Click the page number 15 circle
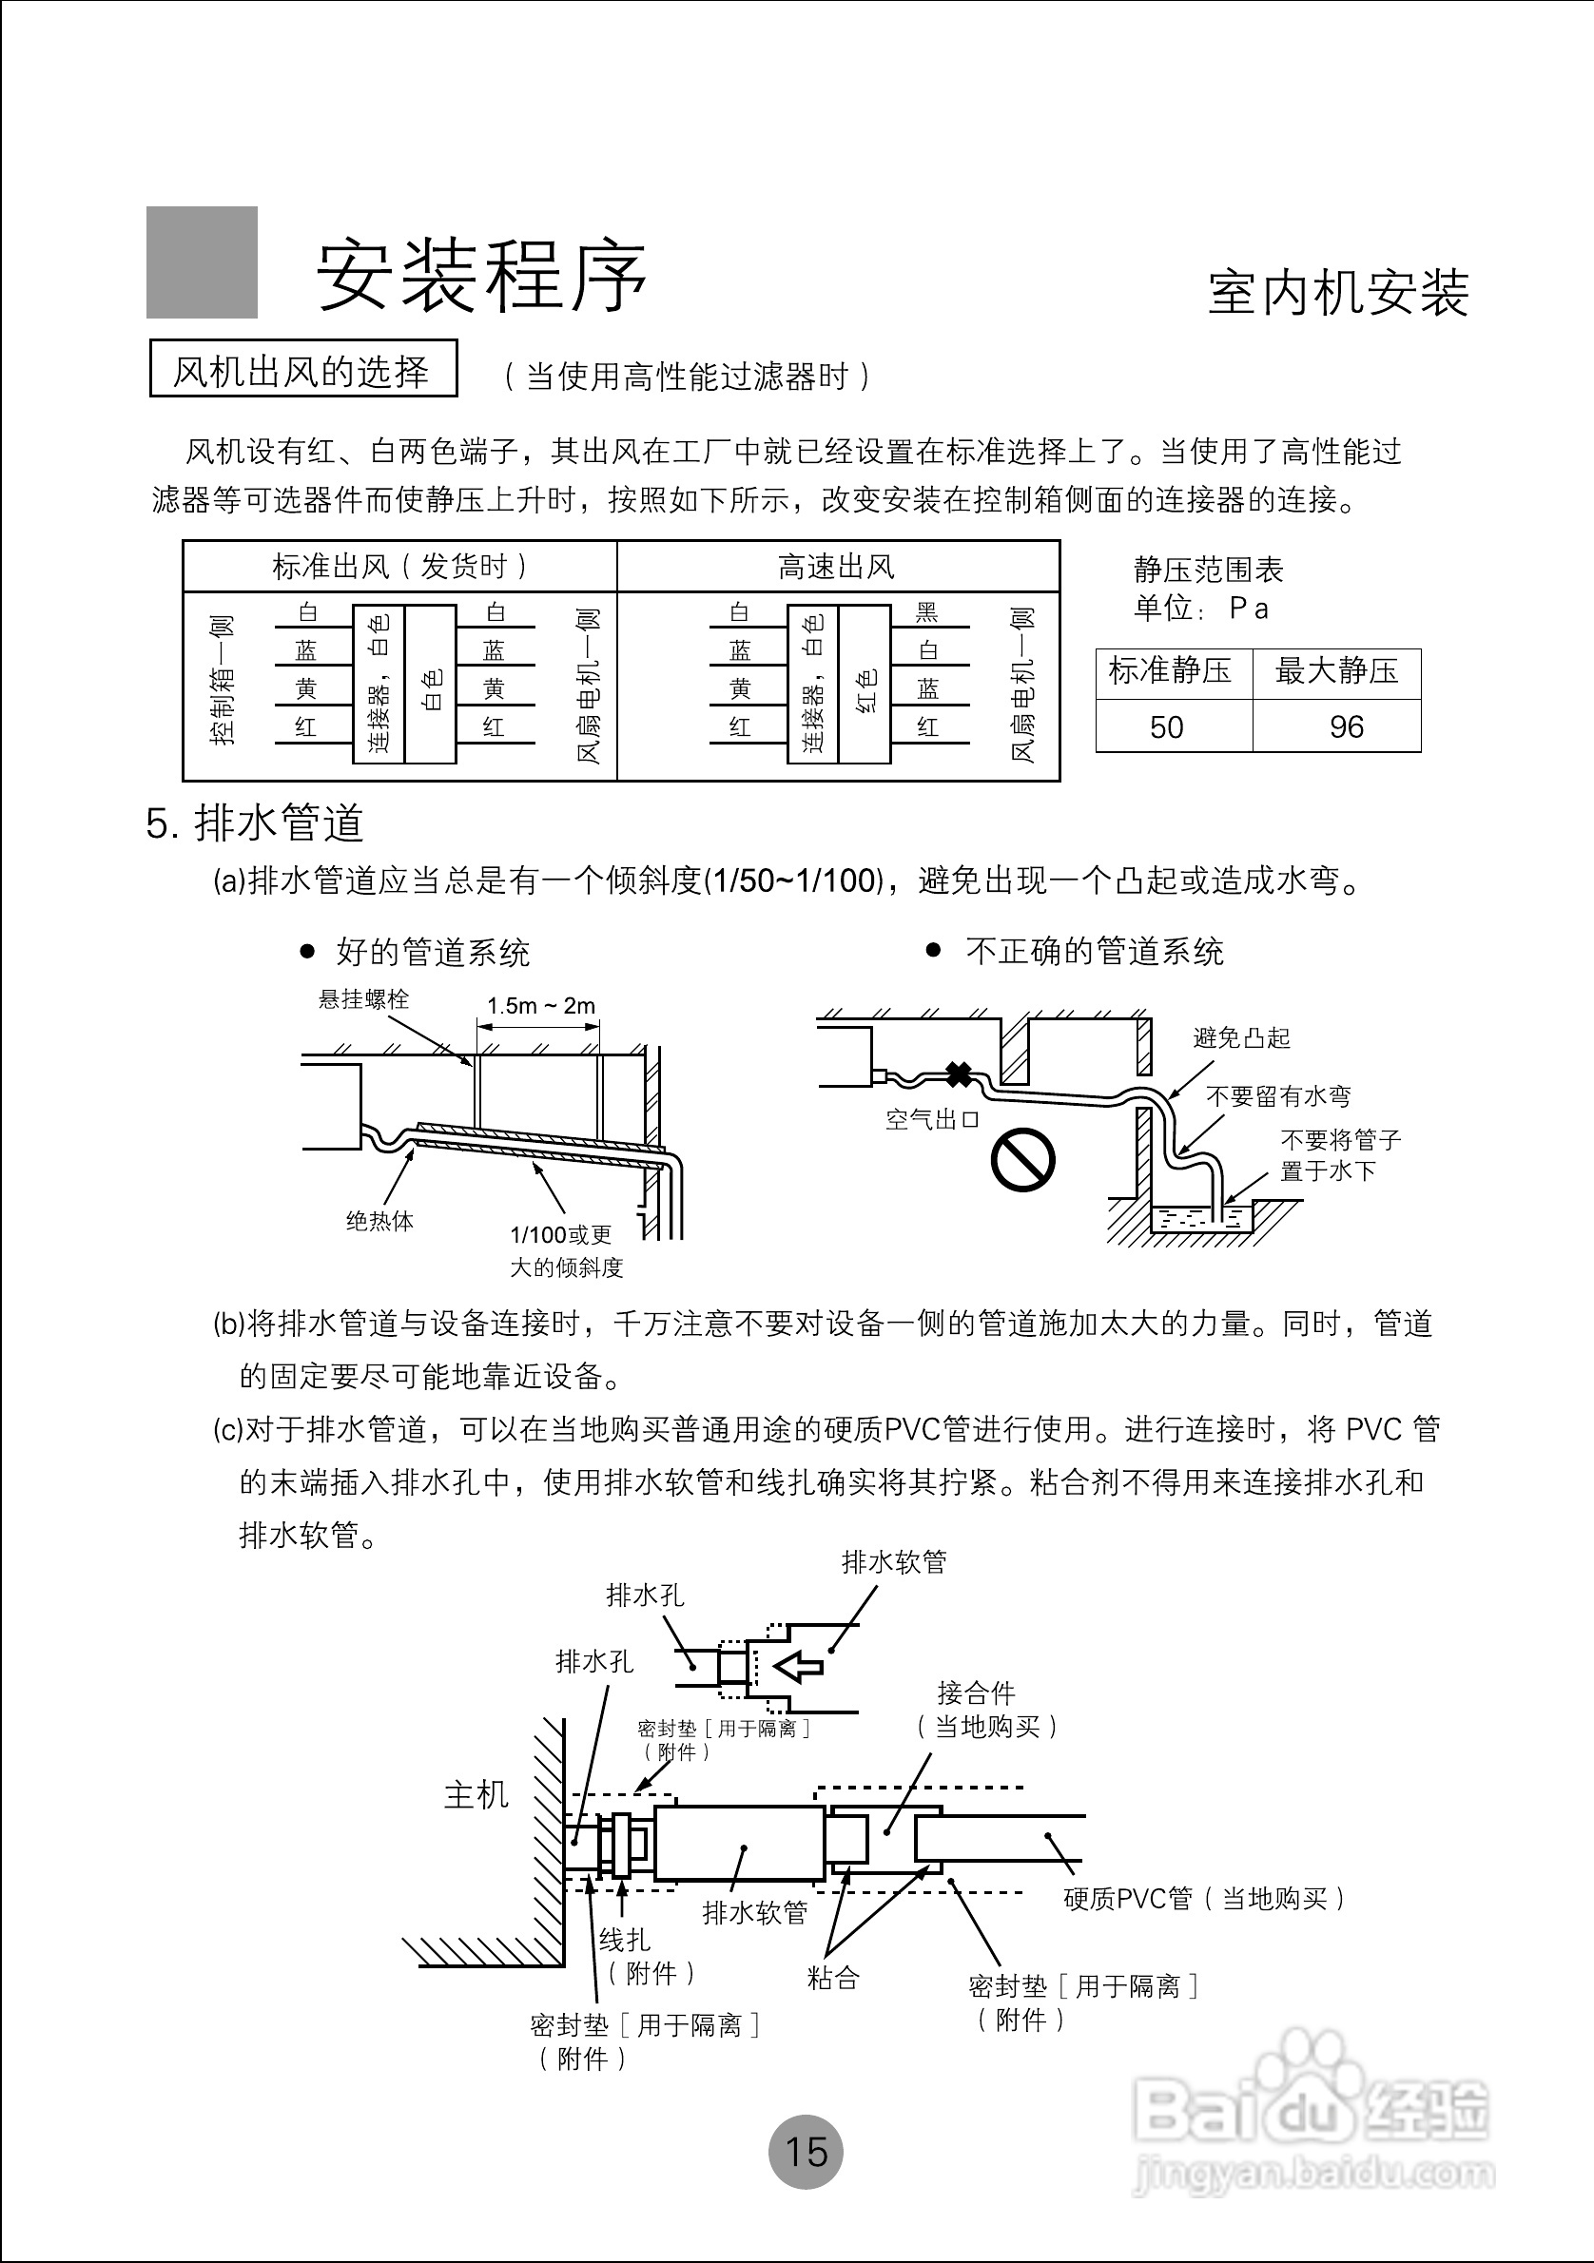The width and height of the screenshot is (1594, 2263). [806, 2152]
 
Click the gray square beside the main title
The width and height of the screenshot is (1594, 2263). [202, 262]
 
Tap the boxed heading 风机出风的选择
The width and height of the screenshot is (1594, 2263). [302, 370]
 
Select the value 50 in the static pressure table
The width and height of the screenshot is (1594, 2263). [1166, 727]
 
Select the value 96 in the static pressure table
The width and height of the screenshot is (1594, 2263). [1346, 727]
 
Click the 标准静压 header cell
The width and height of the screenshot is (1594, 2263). [1170, 671]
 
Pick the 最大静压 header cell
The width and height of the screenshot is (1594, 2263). [1335, 671]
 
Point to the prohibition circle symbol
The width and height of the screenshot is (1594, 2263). [1022, 1160]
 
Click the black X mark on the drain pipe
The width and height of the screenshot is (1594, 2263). [958, 1074]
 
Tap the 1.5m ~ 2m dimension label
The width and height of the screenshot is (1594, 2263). [541, 1005]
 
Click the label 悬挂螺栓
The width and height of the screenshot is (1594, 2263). [362, 999]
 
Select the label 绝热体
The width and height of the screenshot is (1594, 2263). [379, 1221]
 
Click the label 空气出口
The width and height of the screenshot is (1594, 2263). [931, 1120]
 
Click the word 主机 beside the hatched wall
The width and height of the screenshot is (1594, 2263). [476, 1795]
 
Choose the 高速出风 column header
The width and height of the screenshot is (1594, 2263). [836, 567]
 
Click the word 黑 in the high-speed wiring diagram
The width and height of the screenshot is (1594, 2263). [927, 613]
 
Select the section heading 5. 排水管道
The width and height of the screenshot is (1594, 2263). [255, 823]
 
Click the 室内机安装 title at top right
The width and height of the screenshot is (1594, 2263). [1338, 293]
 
